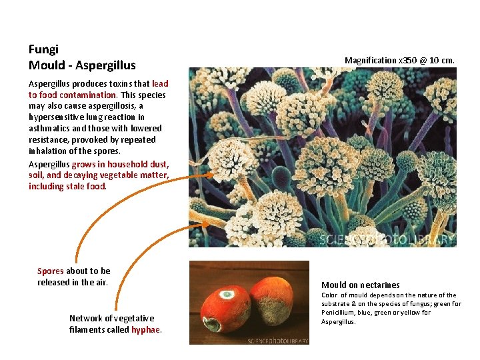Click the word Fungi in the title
[43, 49]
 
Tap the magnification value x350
[406, 61]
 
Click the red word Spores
[50, 271]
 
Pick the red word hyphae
[146, 330]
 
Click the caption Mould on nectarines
[361, 285]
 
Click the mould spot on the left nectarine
[227, 294]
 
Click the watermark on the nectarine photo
[278, 340]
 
